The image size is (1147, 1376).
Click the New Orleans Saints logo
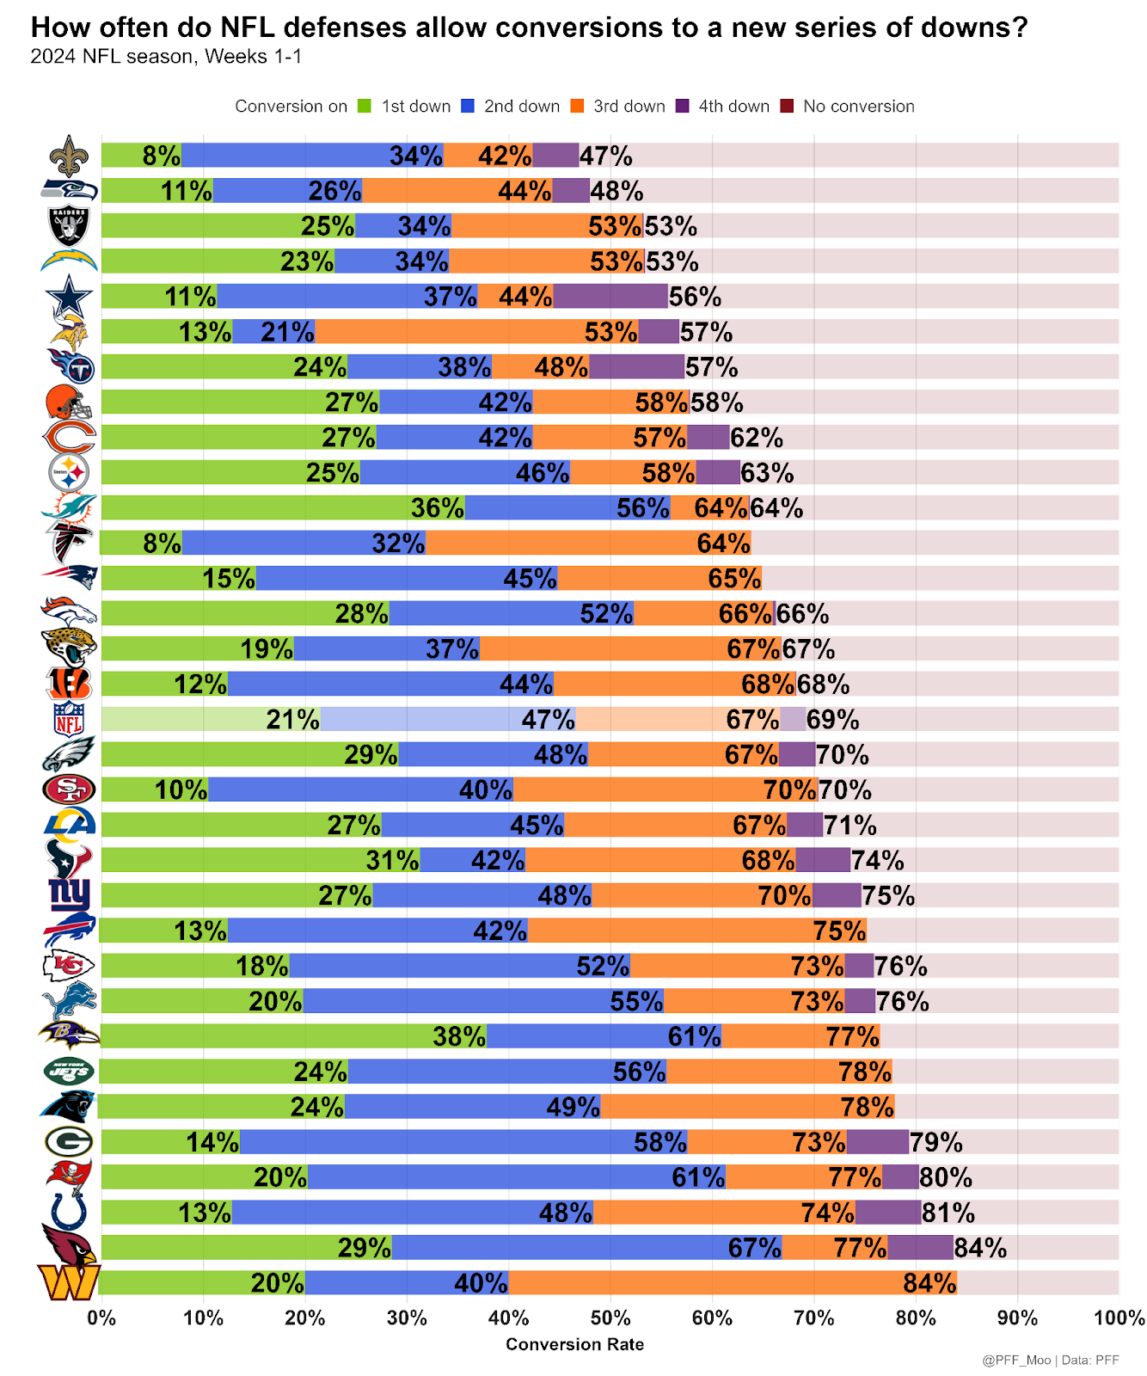click(69, 156)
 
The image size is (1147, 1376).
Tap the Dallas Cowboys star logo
click(69, 297)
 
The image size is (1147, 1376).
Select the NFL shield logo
click(69, 719)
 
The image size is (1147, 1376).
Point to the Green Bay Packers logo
click(69, 1142)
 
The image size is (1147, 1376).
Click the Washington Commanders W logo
click(69, 1283)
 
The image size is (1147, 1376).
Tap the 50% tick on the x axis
click(610, 1318)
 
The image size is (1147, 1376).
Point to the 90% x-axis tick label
click(1017, 1318)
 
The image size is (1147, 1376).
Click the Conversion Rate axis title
click(574, 1344)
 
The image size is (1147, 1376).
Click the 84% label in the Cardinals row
click(980, 1248)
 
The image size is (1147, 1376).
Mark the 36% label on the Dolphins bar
click(437, 508)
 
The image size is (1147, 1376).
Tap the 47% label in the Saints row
click(605, 156)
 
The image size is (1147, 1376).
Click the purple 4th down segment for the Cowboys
click(610, 297)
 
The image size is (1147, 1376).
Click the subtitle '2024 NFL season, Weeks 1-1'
click(166, 58)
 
